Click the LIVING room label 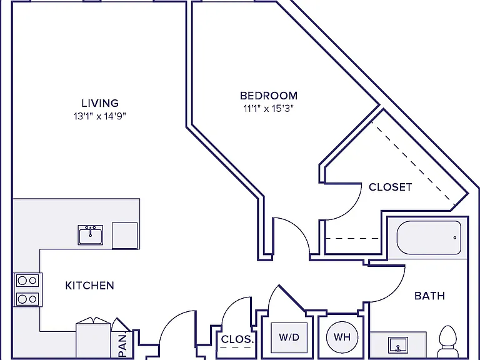100,103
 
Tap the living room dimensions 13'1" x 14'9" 100,116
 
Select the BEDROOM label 269,96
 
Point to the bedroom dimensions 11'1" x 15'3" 269,109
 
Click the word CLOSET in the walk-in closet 390,187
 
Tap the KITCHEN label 90,286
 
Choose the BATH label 429,296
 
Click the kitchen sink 90,235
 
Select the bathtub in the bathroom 429,237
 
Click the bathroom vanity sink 398,345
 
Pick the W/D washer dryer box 289,337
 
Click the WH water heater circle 342,337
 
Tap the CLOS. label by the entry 237,339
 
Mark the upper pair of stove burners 27,281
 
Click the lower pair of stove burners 27,299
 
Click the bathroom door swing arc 395,291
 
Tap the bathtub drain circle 455,237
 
